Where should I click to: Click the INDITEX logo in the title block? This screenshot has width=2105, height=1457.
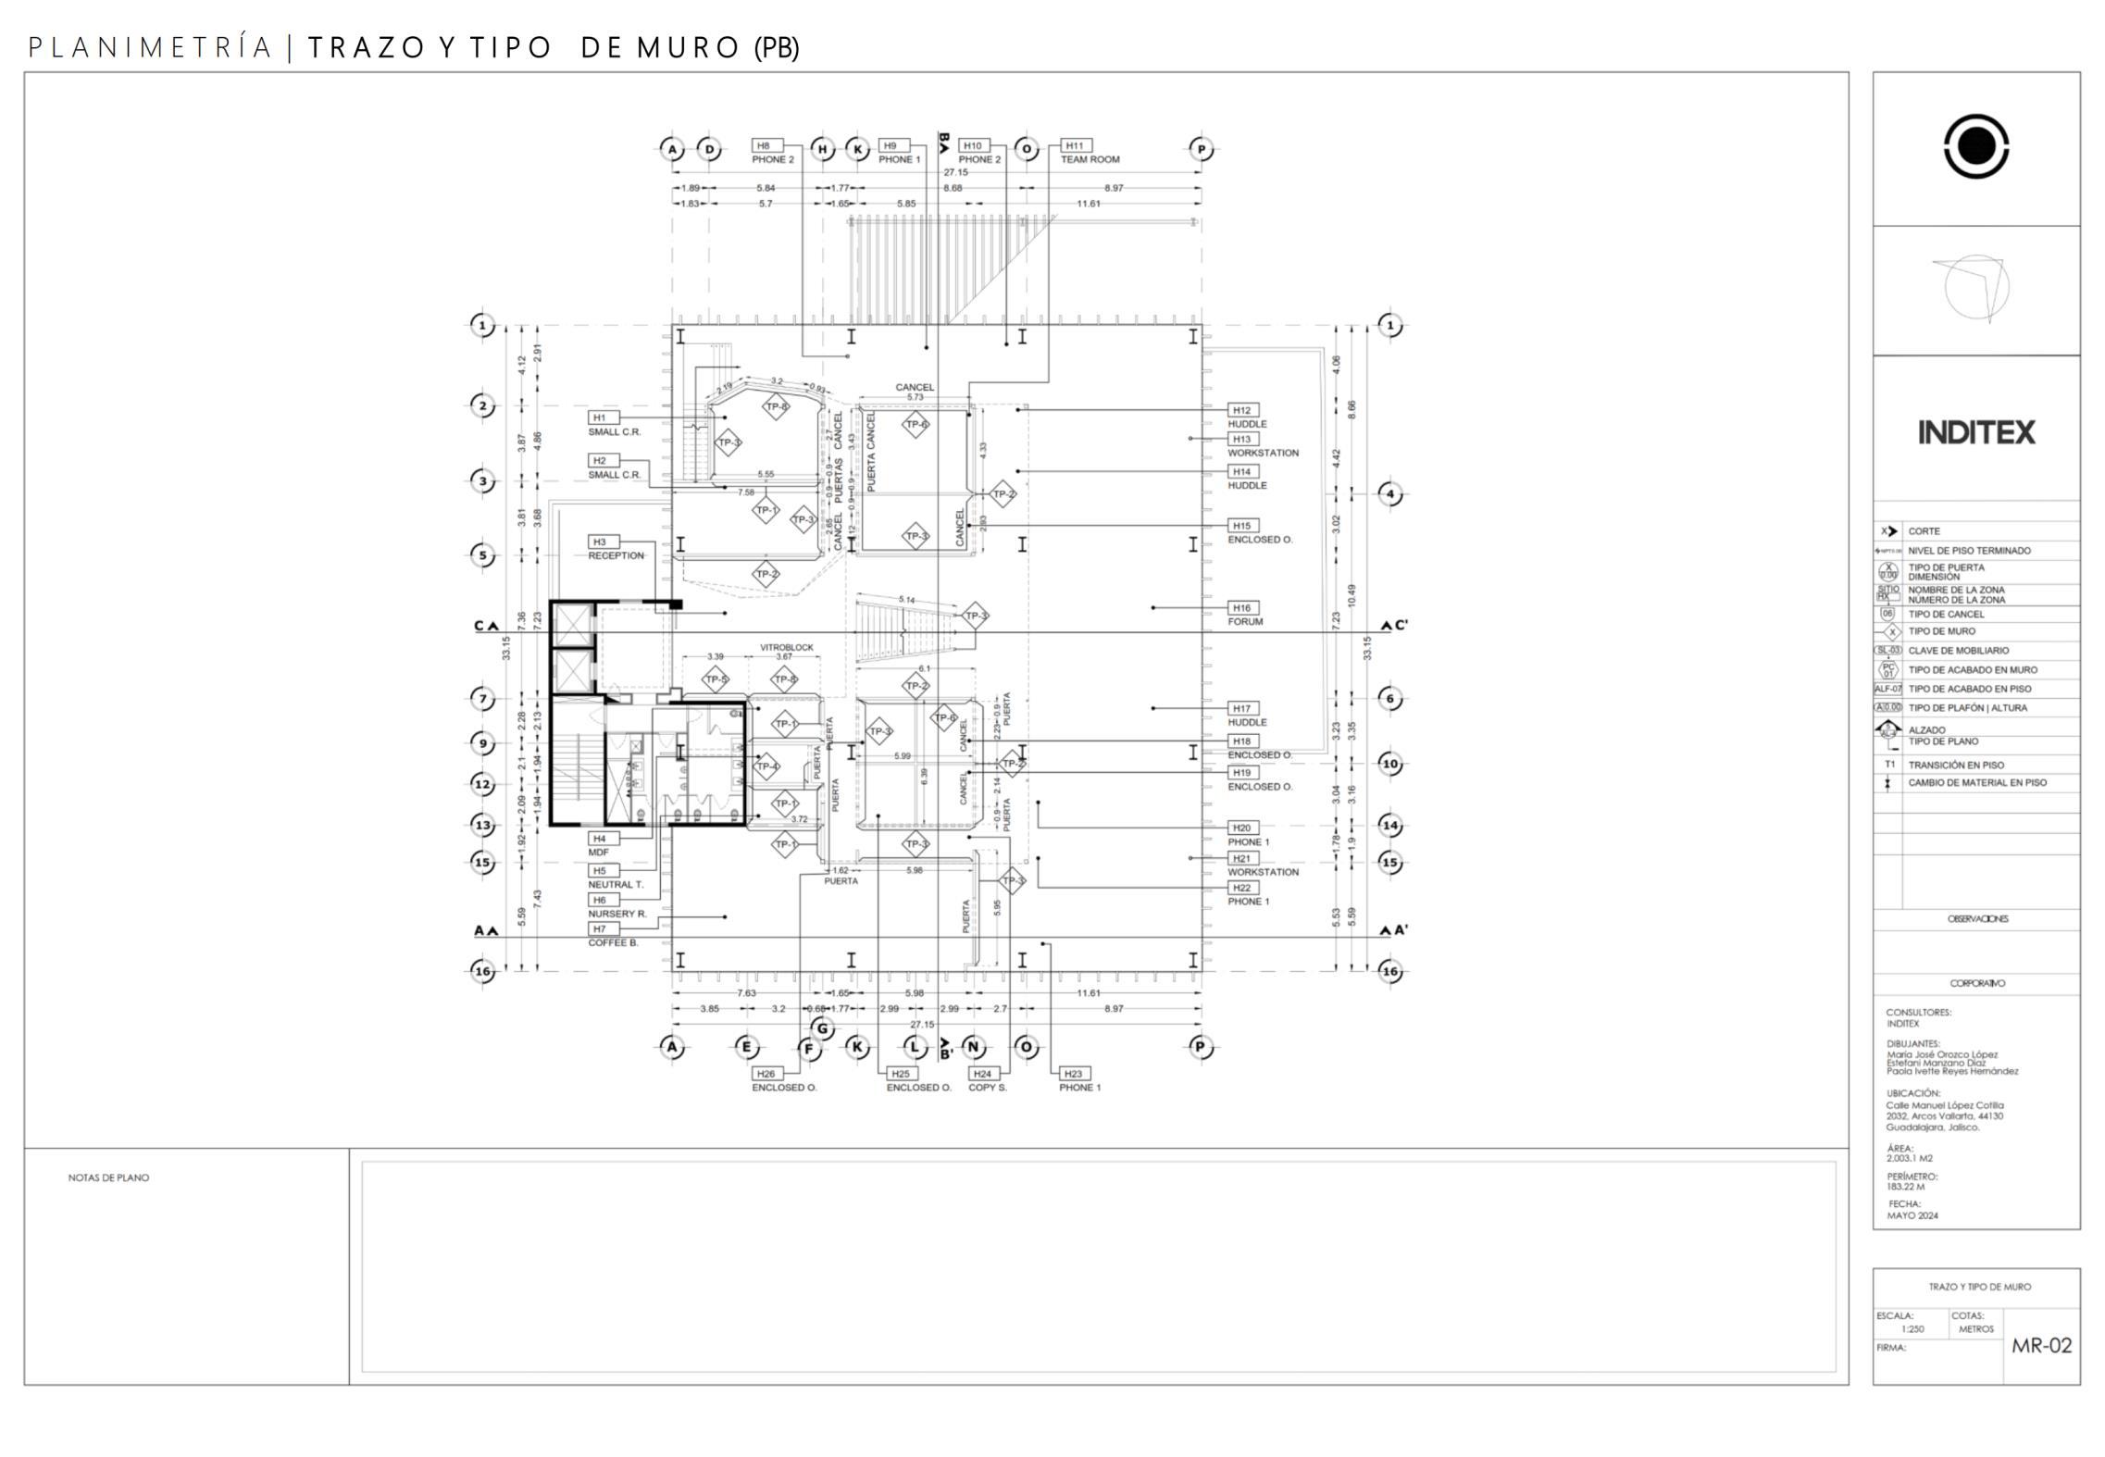(x=1975, y=432)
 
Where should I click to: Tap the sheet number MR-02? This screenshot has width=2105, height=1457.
(x=2041, y=1345)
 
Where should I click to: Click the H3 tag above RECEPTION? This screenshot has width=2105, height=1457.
(x=600, y=542)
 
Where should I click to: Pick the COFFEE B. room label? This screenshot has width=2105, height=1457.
(x=613, y=942)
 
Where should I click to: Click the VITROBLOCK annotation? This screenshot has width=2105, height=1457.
(x=786, y=647)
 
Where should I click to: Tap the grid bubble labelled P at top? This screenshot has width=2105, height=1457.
(x=1201, y=149)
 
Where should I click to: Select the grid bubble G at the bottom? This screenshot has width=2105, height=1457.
(x=821, y=1028)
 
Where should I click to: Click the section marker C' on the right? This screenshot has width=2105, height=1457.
(x=1395, y=626)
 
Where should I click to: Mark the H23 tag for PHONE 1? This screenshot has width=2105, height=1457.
(x=1073, y=1074)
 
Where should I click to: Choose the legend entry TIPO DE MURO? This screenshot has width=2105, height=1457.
(x=1941, y=631)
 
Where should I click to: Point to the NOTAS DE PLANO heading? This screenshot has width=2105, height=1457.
(x=108, y=1177)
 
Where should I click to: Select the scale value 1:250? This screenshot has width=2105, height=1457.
(x=1912, y=1329)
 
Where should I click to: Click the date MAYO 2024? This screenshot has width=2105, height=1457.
(x=1912, y=1215)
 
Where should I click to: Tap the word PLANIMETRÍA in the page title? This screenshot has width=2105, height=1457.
(x=151, y=48)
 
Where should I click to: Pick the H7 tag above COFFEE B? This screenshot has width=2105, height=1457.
(x=600, y=928)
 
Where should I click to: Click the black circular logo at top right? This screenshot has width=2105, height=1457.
(x=1975, y=146)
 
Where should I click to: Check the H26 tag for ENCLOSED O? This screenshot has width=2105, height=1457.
(x=765, y=1074)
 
